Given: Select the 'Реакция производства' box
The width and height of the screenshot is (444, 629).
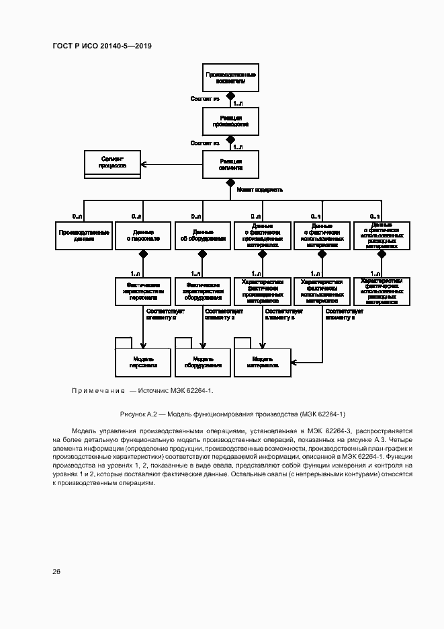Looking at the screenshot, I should tap(230, 121).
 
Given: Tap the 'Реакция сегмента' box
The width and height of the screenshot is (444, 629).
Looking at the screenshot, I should tap(230, 165).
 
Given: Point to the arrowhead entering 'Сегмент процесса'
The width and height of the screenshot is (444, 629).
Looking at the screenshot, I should tap(142, 165).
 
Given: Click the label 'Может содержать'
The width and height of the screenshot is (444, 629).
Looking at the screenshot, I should tap(260, 189).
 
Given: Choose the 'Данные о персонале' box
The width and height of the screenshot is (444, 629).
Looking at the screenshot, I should tap(142, 235).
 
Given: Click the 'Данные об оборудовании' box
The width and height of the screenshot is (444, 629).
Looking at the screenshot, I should tap(202, 235).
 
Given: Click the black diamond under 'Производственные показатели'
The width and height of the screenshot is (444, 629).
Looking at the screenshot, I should tap(230, 96).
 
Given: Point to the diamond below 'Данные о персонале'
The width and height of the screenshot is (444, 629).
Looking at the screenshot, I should tap(142, 254).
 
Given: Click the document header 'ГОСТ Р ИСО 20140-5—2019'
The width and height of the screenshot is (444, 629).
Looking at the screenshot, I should tap(102, 46).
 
